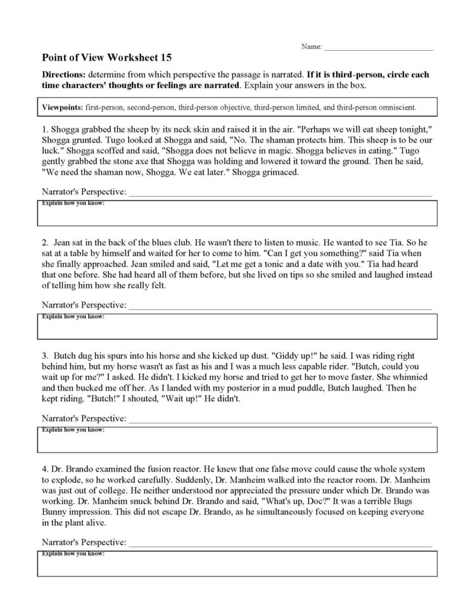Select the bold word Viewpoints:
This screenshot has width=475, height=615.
tap(62, 107)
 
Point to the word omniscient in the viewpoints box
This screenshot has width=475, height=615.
tap(397, 107)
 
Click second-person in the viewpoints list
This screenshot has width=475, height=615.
tap(159, 107)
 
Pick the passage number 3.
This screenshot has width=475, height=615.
tap(45, 356)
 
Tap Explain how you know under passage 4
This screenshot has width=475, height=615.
tap(73, 554)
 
